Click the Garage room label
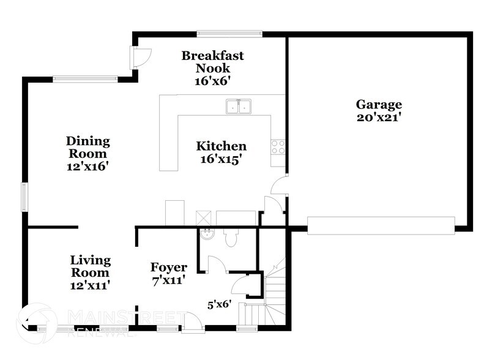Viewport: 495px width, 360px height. point(379,105)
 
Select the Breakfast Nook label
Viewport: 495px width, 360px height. point(212,62)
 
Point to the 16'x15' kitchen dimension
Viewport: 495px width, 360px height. point(221,159)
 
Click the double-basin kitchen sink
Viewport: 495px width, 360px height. point(239,107)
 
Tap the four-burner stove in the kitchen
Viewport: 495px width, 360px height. point(278,146)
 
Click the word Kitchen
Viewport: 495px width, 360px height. point(221,146)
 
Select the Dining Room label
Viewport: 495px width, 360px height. point(88,148)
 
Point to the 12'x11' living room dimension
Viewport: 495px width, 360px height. point(89,285)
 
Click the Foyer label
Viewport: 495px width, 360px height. point(168,268)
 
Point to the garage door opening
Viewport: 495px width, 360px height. point(381,225)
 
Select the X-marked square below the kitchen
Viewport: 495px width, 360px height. point(203,217)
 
